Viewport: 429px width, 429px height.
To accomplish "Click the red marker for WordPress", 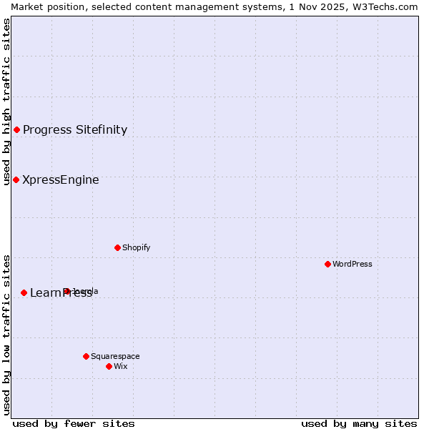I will pos(327,264).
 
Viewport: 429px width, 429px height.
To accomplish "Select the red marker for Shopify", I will pos(117,247).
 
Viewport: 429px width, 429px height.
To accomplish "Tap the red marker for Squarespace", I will pos(86,356).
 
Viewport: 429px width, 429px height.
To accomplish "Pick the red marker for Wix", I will pos(109,366).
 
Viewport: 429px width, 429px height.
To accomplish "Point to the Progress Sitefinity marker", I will pos(16,129).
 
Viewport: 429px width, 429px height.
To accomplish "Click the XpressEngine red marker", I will pos(16,179).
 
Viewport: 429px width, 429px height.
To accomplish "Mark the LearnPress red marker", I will pos(24,292).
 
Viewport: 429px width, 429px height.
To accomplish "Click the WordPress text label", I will pos(352,264).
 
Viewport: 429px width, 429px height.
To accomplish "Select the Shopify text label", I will pos(137,247).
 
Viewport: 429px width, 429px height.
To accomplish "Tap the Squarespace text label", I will pos(115,356).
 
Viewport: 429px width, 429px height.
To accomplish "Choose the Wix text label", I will pos(121,366).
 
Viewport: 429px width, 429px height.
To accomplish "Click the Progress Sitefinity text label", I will pos(75,129).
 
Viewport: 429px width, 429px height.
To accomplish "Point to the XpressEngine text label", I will pos(61,179).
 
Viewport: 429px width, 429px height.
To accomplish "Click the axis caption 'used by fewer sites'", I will pos(74,423).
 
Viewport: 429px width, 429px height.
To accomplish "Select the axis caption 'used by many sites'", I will pos(359,423).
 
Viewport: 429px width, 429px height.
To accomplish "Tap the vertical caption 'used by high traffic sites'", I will pos(6,102).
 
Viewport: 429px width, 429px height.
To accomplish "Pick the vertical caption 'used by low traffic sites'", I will pos(6,335).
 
